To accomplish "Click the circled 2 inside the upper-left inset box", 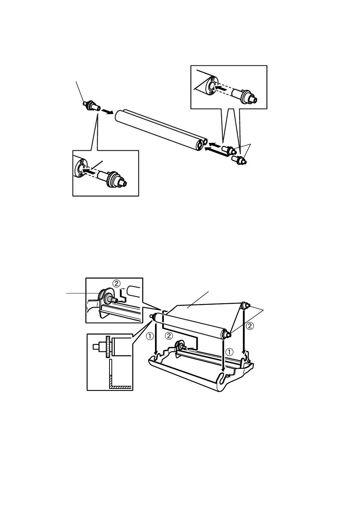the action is click(x=116, y=283).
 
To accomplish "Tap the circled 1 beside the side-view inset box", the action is click(x=150, y=336).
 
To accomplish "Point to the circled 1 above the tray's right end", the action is click(x=229, y=352).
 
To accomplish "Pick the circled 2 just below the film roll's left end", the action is click(x=169, y=336).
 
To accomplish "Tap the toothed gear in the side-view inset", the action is click(x=108, y=346).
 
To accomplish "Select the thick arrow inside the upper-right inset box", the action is click(x=221, y=88).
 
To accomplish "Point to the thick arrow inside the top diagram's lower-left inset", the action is click(x=89, y=171).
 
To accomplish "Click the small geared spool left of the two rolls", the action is click(x=92, y=106).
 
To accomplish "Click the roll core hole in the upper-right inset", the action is click(x=211, y=86).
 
